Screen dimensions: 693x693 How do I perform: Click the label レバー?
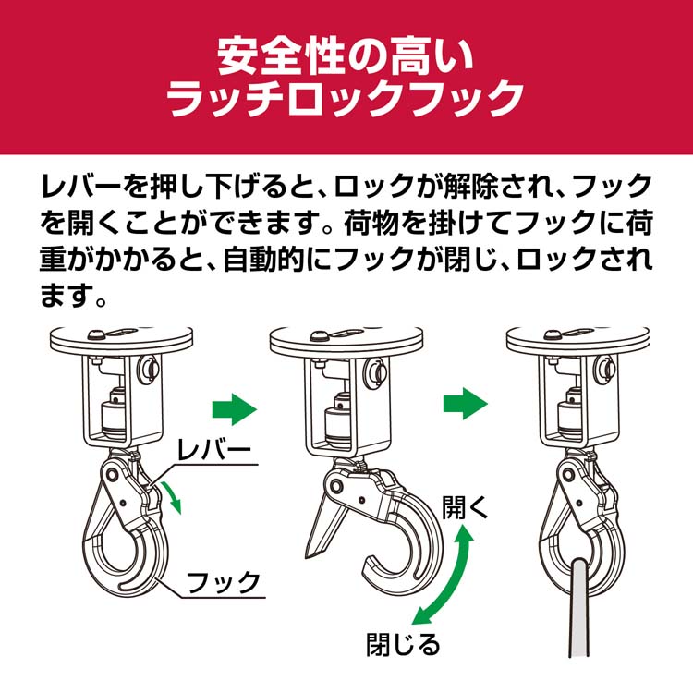coord(214,452)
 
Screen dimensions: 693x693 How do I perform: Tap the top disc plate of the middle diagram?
coord(341,341)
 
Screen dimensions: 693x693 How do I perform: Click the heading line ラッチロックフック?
coord(346,101)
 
